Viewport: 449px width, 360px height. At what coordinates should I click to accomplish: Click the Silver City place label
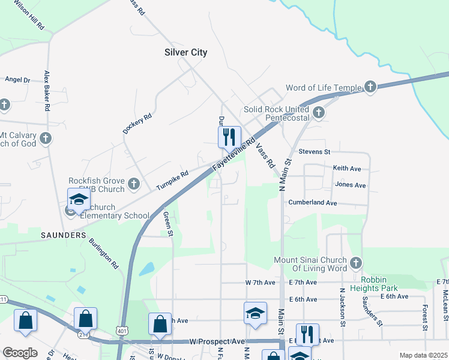[185, 52]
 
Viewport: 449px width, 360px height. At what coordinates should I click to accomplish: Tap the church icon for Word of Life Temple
[370, 88]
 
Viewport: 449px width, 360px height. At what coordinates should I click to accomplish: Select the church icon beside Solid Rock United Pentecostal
[318, 112]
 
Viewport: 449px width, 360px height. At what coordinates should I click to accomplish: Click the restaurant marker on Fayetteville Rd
[229, 137]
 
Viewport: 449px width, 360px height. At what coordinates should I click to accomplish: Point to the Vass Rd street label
[264, 154]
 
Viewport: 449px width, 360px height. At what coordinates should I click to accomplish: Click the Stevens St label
[315, 152]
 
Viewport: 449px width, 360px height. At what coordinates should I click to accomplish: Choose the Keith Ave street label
[347, 169]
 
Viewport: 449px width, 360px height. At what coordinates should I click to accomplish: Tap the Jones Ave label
[351, 185]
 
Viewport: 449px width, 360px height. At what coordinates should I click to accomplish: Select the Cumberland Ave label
[312, 203]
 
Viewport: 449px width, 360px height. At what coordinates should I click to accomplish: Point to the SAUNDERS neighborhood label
[64, 235]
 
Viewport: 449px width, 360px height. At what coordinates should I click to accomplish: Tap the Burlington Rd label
[103, 252]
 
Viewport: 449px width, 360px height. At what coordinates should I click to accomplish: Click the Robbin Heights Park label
[387, 284]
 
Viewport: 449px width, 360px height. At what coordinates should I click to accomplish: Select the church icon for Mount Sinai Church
[356, 263]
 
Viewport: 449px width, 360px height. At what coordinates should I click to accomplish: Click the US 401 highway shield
[122, 330]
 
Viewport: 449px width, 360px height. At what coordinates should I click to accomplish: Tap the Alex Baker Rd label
[46, 91]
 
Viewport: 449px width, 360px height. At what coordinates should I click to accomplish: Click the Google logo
[20, 353]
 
